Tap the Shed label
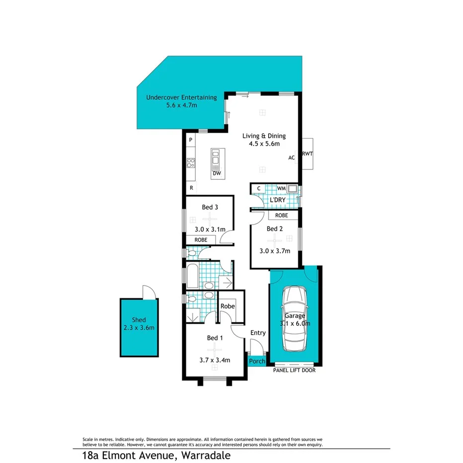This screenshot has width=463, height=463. (x=139, y=320)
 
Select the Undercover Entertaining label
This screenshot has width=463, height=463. (x=181, y=98)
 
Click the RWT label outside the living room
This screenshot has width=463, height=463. (x=307, y=154)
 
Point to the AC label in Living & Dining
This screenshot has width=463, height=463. (x=292, y=158)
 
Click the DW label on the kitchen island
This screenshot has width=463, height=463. (x=217, y=174)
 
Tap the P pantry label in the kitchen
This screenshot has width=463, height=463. (x=190, y=141)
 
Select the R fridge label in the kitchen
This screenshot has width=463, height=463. (x=191, y=188)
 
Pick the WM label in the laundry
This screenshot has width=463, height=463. (x=281, y=188)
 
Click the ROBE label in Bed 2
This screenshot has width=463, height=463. (x=282, y=216)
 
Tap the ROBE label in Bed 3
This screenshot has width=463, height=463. (x=201, y=239)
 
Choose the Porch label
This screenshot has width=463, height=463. (x=257, y=361)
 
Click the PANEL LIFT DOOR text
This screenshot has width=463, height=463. (x=294, y=371)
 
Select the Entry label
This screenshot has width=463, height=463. (x=258, y=333)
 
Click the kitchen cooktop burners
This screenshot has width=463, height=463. (x=190, y=162)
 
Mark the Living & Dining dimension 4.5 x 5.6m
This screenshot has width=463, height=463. (x=264, y=144)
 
